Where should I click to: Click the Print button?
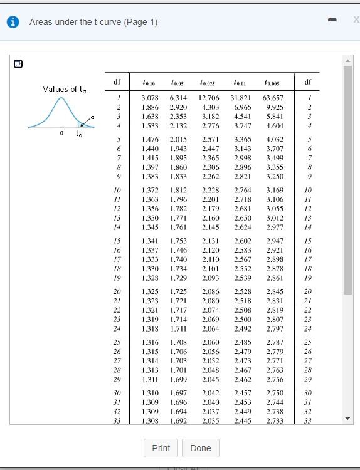pos(161,448)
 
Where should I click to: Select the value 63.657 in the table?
pos(273,98)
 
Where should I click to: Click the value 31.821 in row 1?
pos(241,98)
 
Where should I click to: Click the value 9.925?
pos(274,108)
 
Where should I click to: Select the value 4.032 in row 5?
pos(274,138)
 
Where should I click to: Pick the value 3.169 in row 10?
pos(274,190)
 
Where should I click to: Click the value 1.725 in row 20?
pos(179,292)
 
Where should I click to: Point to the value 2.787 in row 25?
pos(274,343)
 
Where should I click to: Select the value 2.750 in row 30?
pos(274,394)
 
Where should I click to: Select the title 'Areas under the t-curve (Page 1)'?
pos(93,23)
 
